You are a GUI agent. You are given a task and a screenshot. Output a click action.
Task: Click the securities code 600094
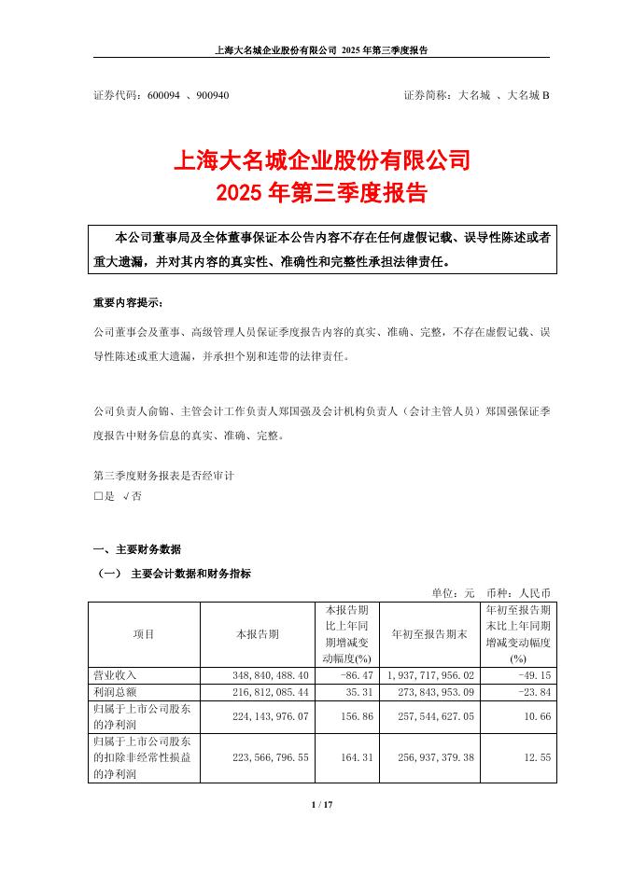[162, 96]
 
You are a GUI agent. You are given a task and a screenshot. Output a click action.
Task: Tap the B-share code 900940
[212, 96]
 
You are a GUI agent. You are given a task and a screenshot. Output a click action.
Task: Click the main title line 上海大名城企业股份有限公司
[322, 162]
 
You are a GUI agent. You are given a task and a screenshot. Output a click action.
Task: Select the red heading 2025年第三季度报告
[321, 195]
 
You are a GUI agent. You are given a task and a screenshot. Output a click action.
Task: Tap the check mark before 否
[126, 497]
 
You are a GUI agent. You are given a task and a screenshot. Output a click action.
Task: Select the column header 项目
[144, 634]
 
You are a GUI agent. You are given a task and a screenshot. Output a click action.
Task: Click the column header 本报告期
[257, 634]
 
